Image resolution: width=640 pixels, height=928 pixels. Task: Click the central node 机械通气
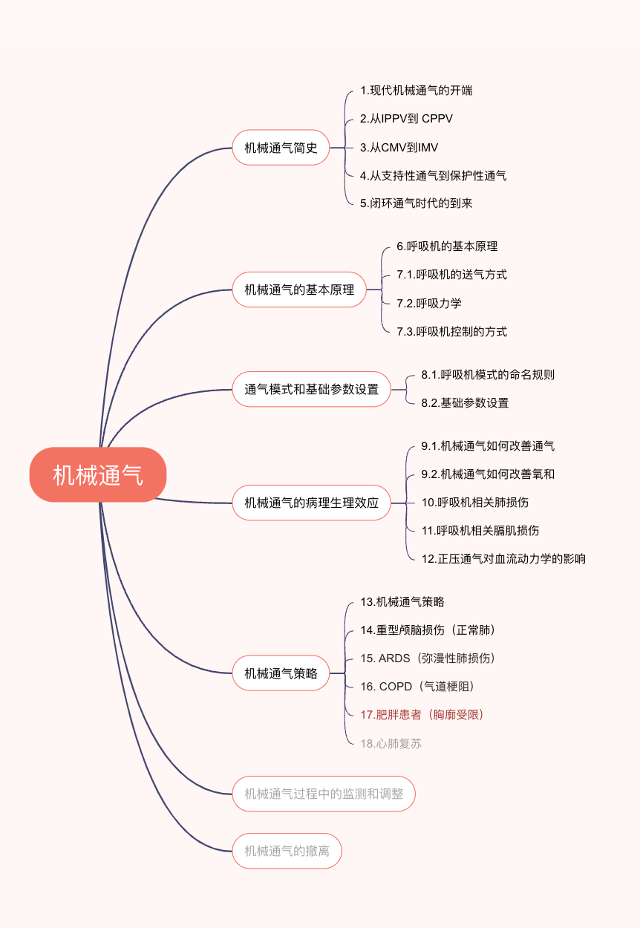click(x=98, y=474)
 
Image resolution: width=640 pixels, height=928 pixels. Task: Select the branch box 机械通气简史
click(x=281, y=148)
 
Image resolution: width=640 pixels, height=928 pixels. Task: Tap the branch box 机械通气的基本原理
click(x=299, y=290)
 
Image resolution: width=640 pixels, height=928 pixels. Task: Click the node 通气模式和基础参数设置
click(x=311, y=389)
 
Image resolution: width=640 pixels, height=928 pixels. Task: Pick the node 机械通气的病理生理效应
click(x=311, y=503)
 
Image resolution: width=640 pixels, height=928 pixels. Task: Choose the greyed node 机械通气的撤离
click(x=287, y=851)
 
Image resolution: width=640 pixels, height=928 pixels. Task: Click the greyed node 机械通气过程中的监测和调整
click(x=324, y=794)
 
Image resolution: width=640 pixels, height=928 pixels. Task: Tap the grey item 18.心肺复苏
click(x=391, y=743)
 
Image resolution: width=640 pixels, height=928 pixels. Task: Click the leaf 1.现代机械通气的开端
click(x=416, y=91)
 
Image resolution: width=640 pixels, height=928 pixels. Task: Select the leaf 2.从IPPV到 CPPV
click(x=406, y=119)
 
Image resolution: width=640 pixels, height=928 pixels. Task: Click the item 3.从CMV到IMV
click(x=399, y=148)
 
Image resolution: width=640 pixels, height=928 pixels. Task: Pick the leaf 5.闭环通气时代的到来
click(x=416, y=203)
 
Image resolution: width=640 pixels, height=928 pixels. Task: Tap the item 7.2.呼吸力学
click(x=428, y=303)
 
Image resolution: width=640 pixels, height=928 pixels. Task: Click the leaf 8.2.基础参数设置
click(x=465, y=403)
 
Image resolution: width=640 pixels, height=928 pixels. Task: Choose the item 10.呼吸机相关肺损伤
click(x=474, y=503)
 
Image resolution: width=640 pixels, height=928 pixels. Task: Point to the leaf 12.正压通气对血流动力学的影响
click(x=503, y=559)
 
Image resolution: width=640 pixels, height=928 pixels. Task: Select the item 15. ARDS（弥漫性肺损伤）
click(x=428, y=659)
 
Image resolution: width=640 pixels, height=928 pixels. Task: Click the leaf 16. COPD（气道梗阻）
click(x=417, y=687)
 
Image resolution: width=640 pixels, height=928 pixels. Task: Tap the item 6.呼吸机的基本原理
click(x=446, y=246)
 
